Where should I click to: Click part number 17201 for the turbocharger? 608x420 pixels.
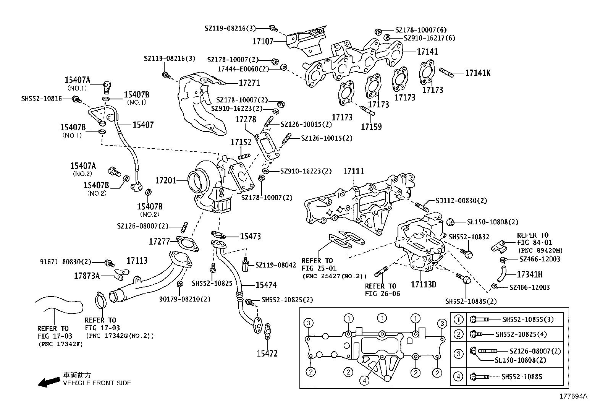point(166,180)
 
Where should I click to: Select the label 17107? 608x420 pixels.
point(263,41)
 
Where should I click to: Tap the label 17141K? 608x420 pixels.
point(477,73)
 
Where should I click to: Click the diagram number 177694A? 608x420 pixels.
point(573,396)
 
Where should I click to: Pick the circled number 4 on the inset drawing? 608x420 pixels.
point(365,380)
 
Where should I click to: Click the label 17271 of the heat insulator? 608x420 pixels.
point(249,83)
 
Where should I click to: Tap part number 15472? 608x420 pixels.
point(267,354)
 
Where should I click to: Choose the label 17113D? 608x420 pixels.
point(424,284)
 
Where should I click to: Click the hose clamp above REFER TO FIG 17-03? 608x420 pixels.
point(100,300)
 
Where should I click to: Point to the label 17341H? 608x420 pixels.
point(530,274)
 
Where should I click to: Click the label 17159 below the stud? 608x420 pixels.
point(371,126)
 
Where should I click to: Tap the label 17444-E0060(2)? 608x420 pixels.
point(243,69)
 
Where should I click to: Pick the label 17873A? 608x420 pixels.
point(87,275)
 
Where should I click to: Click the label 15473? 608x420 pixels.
point(250,236)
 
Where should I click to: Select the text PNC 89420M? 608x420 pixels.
point(540,251)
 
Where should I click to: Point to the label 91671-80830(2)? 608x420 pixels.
point(66,262)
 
